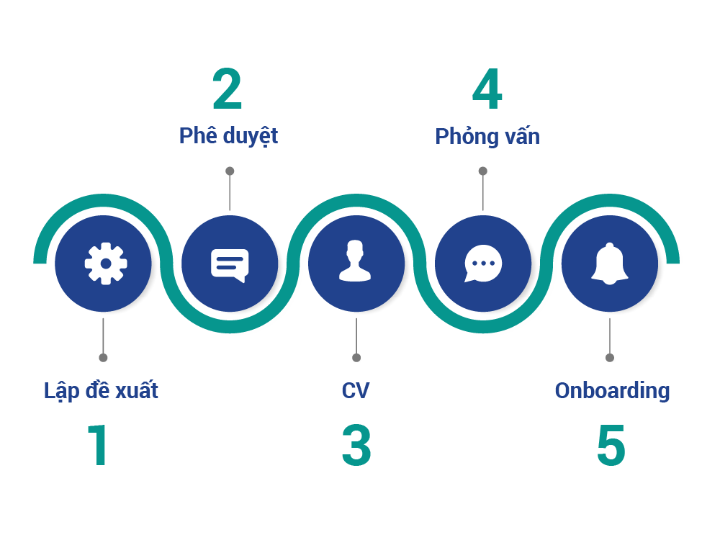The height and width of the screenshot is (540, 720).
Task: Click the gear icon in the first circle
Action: (106, 263)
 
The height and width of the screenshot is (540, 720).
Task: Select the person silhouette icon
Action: (356, 261)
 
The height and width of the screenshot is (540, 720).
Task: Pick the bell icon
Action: (610, 264)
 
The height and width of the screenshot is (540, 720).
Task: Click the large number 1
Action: (99, 445)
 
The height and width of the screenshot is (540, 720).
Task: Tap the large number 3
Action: (356, 445)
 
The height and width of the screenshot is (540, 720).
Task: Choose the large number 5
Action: (611, 445)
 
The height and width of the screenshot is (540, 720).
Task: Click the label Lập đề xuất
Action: (101, 391)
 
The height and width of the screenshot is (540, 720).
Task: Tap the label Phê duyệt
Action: (228, 136)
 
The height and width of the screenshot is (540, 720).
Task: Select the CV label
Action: (356, 391)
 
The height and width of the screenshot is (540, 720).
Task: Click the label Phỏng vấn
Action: (487, 136)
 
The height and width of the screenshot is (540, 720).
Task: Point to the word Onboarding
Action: (612, 391)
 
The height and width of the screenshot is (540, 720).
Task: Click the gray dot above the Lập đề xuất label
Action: (104, 358)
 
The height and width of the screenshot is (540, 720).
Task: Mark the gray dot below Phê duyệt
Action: (230, 171)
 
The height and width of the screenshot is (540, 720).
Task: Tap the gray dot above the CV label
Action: (356, 358)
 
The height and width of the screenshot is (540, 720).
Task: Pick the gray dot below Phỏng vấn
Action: (483, 171)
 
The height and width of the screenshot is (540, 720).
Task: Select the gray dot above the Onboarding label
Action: (610, 358)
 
